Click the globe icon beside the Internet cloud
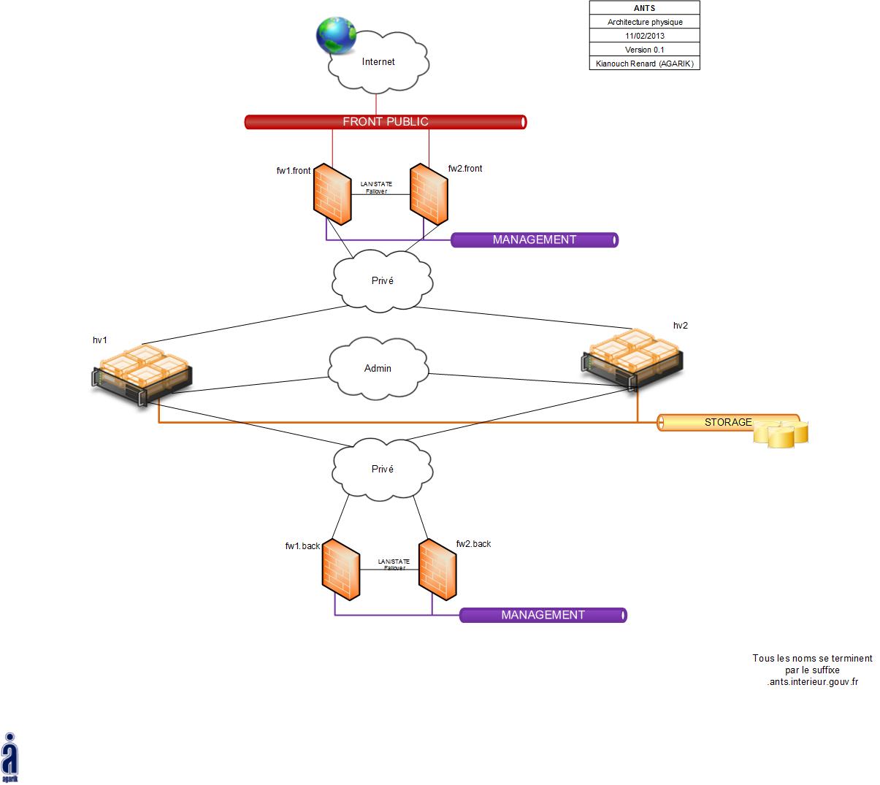coord(336,37)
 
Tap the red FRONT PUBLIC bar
coord(386,122)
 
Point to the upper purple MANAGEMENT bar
coord(535,240)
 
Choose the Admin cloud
coord(378,368)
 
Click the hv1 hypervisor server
coord(142,372)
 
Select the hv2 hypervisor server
coord(633,359)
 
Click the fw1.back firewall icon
coord(341,570)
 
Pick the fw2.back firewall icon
coord(437,570)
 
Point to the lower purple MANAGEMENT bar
coord(543,616)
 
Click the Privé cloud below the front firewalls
coord(382,281)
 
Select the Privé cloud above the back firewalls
coord(382,470)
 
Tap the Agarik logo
coord(10,758)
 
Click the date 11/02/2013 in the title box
coord(645,36)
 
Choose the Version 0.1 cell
coord(645,50)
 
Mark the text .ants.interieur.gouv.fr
coord(812,681)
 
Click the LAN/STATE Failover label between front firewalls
coord(377,188)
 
